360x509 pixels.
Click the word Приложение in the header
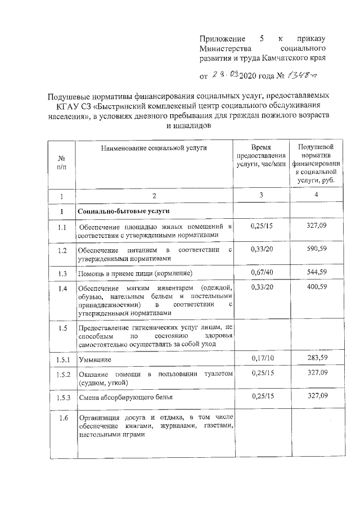(x=222, y=39)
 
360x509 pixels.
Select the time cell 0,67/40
(x=261, y=272)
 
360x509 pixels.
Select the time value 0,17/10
(x=261, y=358)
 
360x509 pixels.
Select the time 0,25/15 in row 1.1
(x=261, y=226)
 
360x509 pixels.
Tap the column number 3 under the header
(x=261, y=195)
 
